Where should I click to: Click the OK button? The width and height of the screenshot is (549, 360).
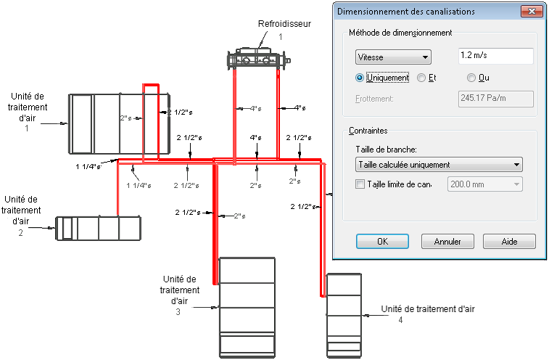[x=382, y=242]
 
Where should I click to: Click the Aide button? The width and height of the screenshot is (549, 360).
[x=509, y=242]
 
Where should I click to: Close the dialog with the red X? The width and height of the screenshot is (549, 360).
[x=532, y=11]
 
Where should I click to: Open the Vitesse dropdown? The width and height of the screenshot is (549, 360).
[x=393, y=57]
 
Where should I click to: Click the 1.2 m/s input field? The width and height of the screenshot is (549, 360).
[x=496, y=56]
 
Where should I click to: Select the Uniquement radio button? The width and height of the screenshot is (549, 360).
[x=360, y=78]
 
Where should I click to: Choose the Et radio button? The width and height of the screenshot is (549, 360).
[x=421, y=78]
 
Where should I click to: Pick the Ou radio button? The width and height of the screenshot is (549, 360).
[x=471, y=78]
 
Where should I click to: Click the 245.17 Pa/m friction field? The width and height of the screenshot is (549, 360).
[x=496, y=99]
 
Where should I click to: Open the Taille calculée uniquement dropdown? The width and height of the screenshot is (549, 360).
[x=439, y=165]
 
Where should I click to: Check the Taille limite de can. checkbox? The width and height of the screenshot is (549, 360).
[x=360, y=184]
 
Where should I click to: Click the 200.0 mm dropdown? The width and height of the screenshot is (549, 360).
[x=485, y=184]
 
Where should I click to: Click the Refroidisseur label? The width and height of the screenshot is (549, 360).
[x=284, y=24]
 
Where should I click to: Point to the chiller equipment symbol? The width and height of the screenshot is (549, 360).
[x=258, y=59]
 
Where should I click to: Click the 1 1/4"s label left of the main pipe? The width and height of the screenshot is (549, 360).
[x=88, y=166]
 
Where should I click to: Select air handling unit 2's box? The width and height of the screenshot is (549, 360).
[x=99, y=228]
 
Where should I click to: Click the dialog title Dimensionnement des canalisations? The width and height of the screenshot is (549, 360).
[x=406, y=12]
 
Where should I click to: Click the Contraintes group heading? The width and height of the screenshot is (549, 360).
[x=368, y=131]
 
